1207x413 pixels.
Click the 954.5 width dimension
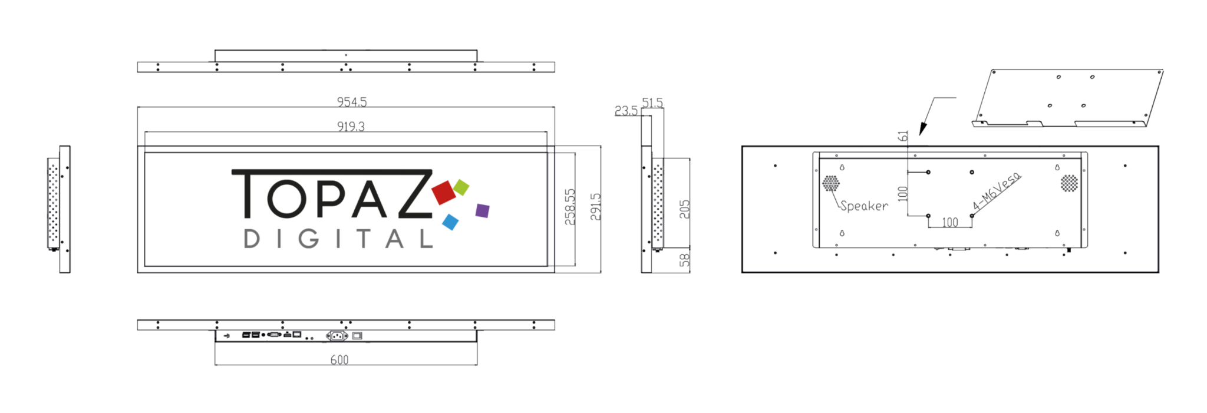pos(352,102)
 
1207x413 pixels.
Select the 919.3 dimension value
pos(351,127)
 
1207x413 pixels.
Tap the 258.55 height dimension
pos(570,207)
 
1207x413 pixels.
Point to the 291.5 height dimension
pos(596,207)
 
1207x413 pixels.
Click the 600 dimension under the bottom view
pos(339,360)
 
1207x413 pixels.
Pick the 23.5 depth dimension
pos(626,111)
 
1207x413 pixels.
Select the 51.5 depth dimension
pos(652,103)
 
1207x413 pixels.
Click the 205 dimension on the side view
pos(684,209)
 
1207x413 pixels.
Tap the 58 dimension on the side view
pos(684,260)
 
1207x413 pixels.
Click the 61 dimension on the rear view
pos(903,136)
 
